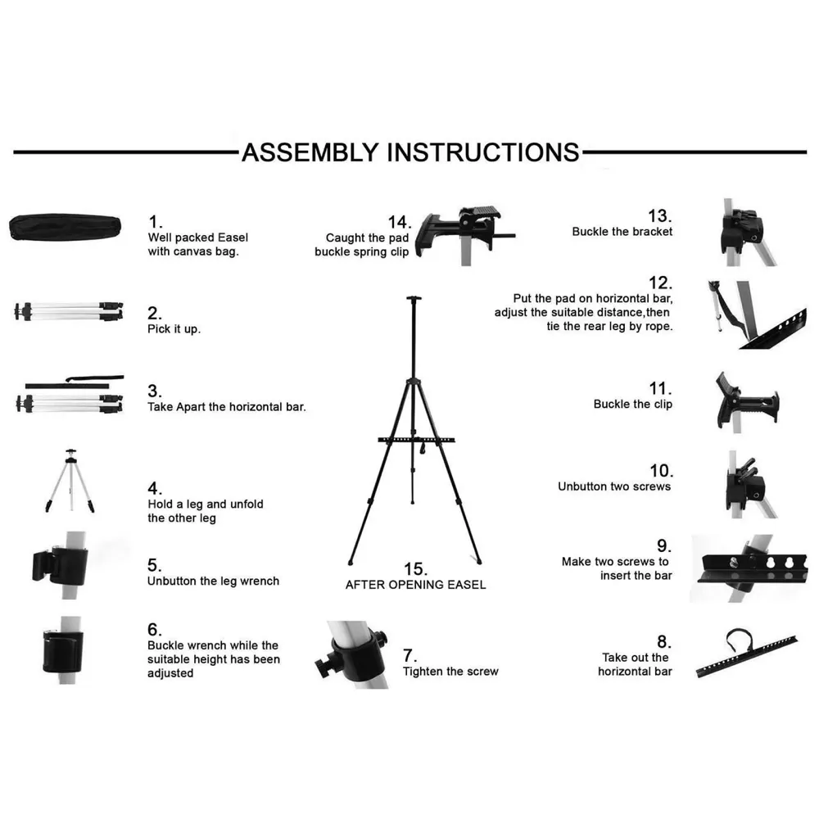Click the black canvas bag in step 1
click(67, 229)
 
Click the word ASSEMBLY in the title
click(310, 152)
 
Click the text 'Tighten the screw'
click(450, 672)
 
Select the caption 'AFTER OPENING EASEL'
click(415, 585)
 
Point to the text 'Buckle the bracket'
click(622, 232)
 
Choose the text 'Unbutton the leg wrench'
click(213, 581)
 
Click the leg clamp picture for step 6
click(61, 650)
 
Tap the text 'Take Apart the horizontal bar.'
click(226, 406)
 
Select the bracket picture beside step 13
click(741, 232)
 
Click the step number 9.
click(663, 545)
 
